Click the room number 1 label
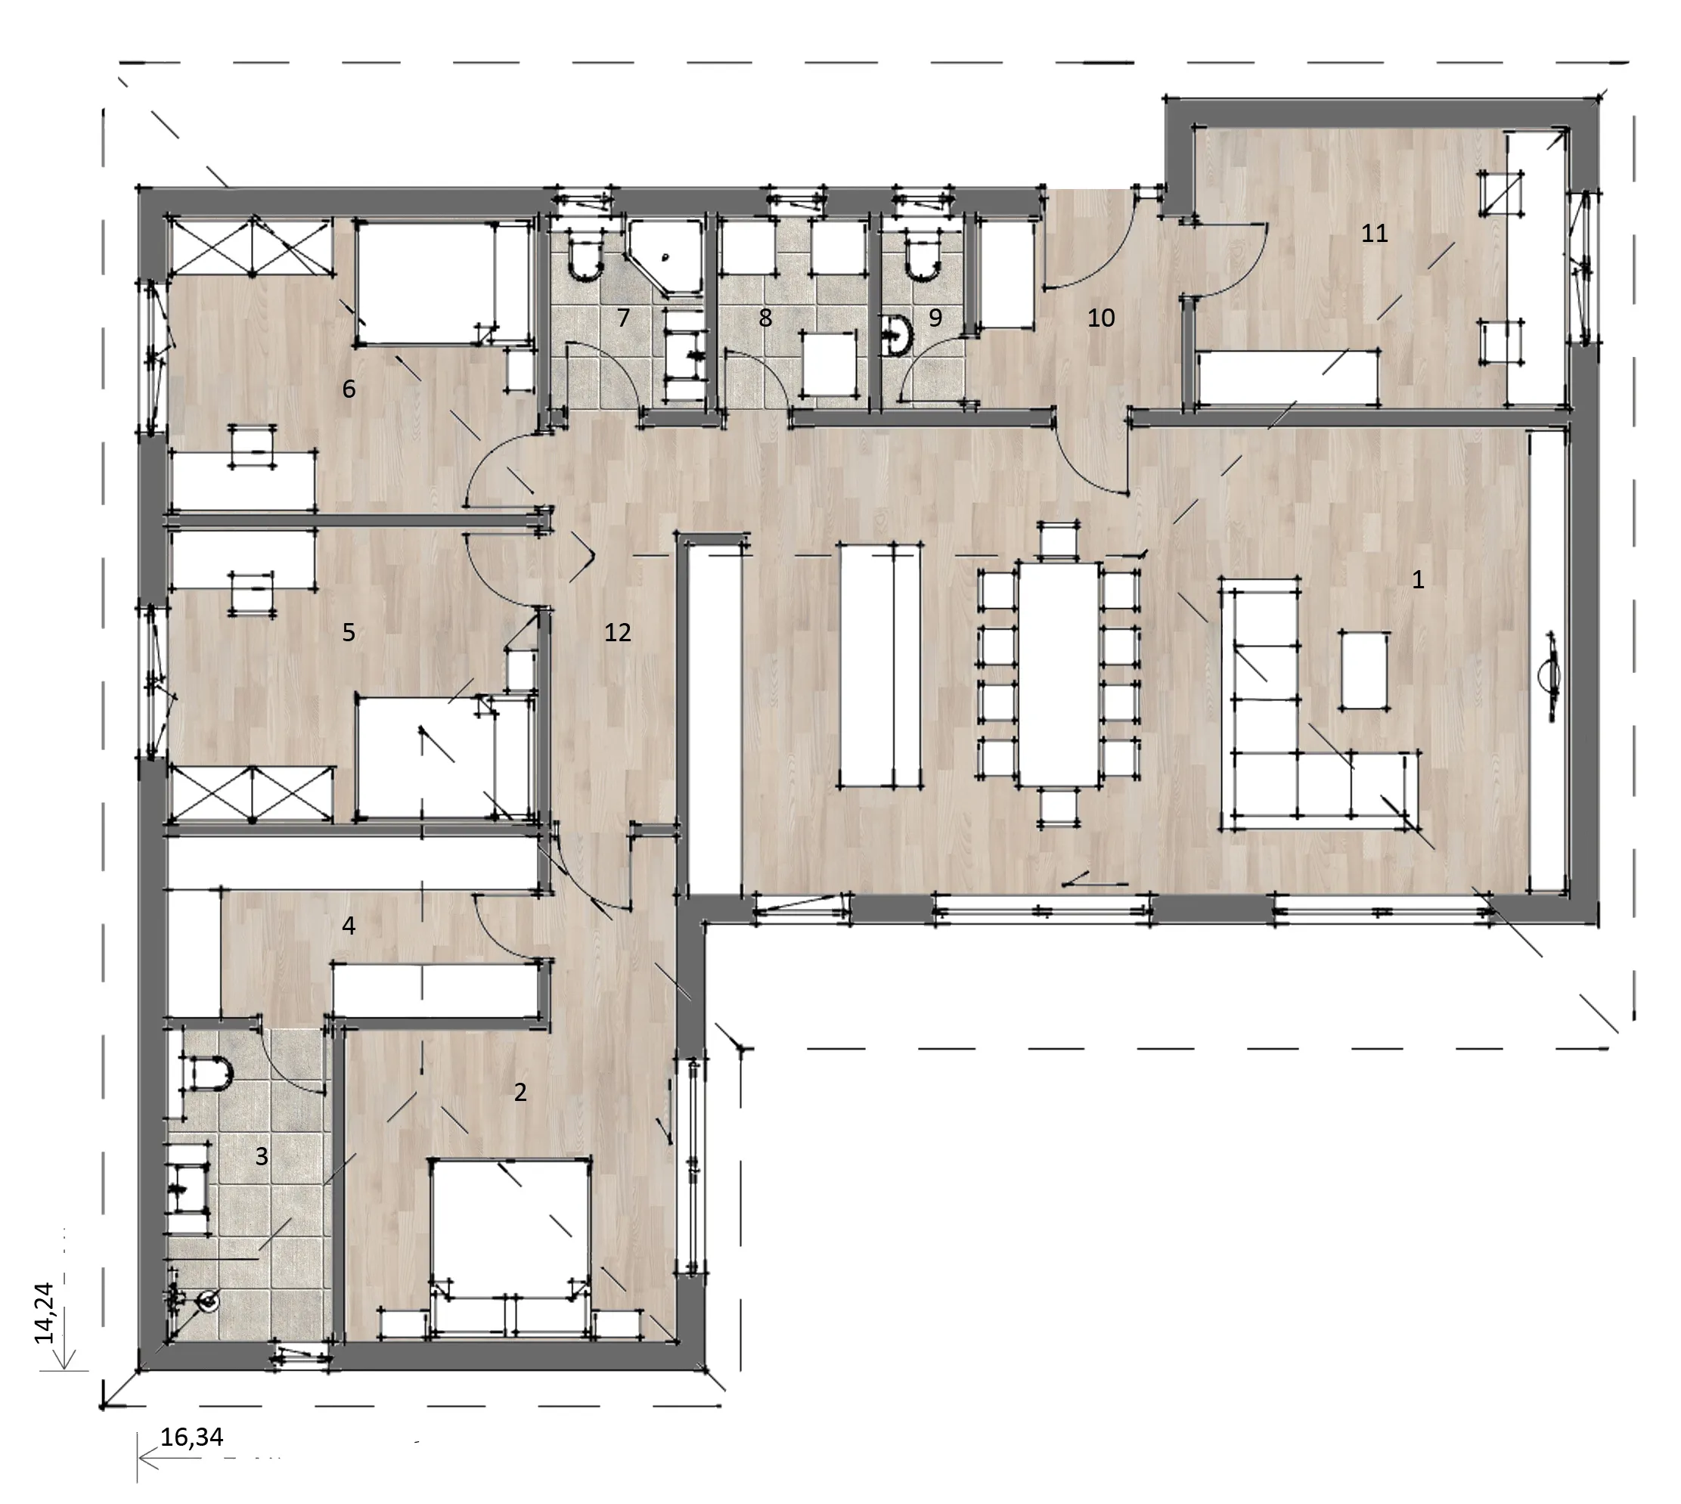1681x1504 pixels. [x=1418, y=580]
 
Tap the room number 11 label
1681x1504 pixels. [x=1375, y=234]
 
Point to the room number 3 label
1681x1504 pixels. [x=262, y=1156]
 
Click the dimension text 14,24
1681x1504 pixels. [x=44, y=1311]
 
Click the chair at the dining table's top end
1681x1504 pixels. [x=1059, y=541]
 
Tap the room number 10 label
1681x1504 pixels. [x=1101, y=318]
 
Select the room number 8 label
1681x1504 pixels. [x=765, y=318]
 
